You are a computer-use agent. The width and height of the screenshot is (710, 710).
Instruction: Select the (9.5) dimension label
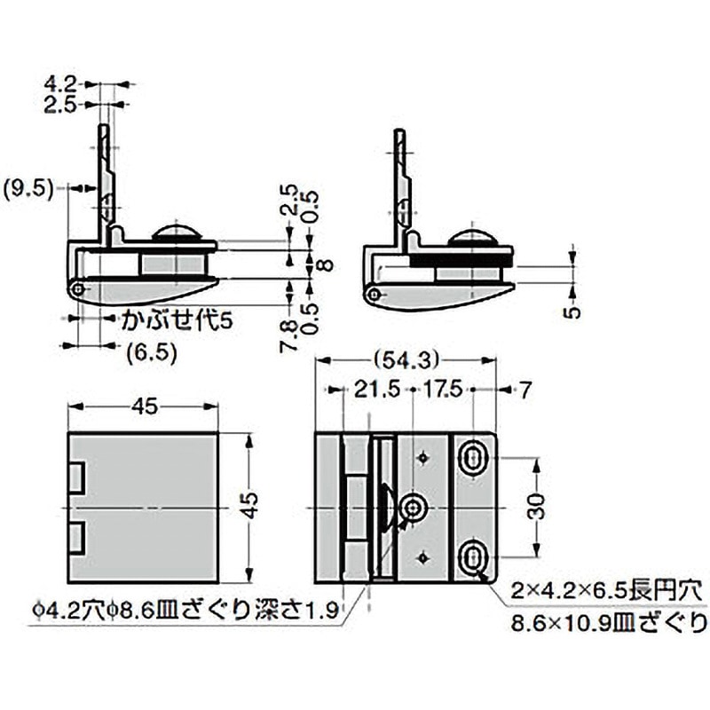pos(30,187)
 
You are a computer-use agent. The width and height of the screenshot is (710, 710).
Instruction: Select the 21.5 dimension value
pos(368,389)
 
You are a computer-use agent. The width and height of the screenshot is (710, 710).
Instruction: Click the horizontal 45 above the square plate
pos(145,406)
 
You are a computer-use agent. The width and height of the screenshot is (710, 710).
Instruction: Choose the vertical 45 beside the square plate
pos(252,504)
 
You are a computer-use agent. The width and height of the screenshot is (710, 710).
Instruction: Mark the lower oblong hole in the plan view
pos(474,556)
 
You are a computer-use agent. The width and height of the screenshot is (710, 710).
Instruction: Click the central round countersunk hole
pos(413,508)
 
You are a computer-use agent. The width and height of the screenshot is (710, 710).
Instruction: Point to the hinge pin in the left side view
pos(80,288)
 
